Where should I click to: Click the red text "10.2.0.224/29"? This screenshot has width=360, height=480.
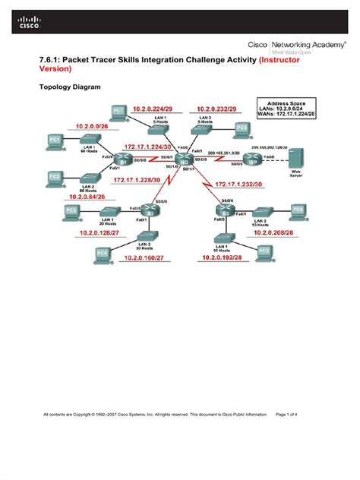[x=156, y=109]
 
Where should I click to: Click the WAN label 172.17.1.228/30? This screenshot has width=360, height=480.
[x=138, y=180]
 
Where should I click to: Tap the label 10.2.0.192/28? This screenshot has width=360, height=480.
[x=221, y=257]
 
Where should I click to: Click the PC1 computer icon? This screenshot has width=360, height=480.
[x=55, y=141]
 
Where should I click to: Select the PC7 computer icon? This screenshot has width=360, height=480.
[x=118, y=111]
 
